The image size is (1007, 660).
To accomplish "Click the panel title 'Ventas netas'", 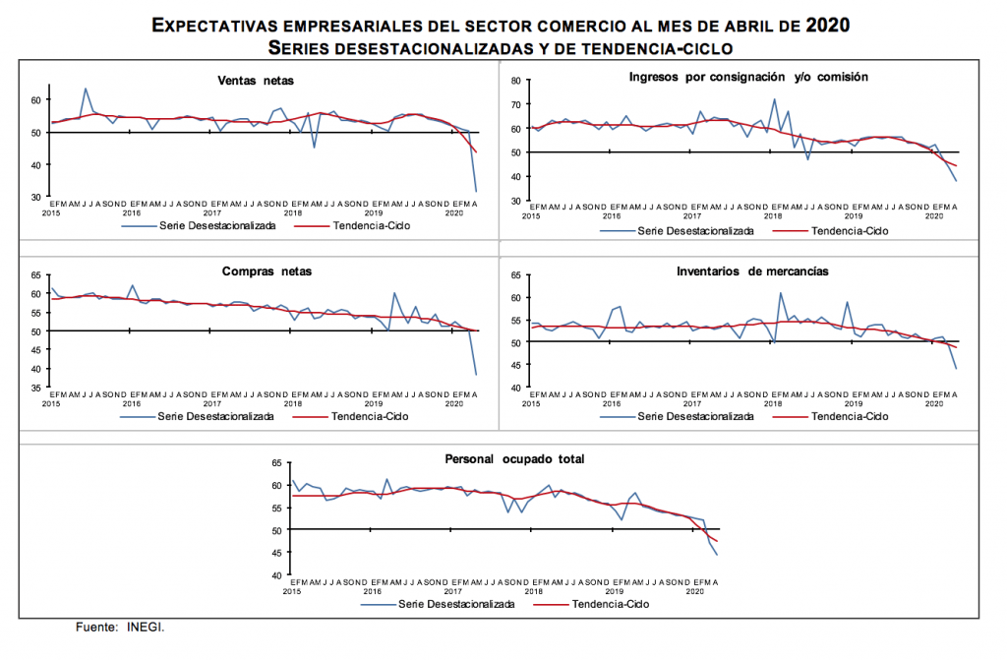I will [x=256, y=81].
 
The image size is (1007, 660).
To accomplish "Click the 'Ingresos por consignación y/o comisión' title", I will [x=747, y=76].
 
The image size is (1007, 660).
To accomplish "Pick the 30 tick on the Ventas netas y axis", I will [x=35, y=198].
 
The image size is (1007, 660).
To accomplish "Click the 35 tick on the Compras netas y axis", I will [x=35, y=388].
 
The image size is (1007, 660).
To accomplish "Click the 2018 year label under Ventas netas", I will [x=293, y=212].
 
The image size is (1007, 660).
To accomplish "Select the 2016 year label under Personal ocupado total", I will [x=373, y=590].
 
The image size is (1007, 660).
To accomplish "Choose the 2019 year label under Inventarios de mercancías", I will [x=854, y=404].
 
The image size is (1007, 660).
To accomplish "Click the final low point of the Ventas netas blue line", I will [x=477, y=191].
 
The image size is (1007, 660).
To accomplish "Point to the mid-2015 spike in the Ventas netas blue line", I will [x=86, y=89].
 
